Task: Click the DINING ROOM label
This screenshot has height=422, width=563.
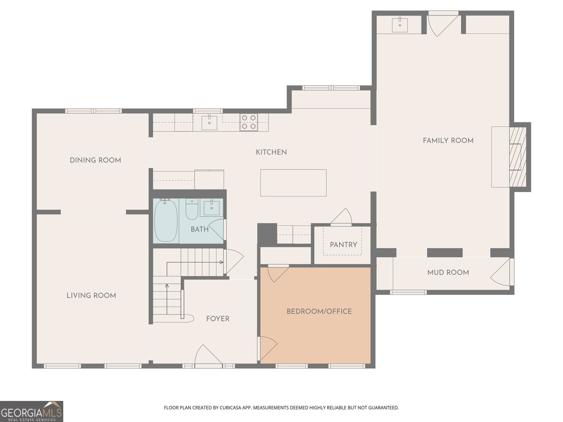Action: coord(95,160)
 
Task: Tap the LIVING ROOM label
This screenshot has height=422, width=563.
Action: coord(91,296)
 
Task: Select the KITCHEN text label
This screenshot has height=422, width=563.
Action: coord(271,152)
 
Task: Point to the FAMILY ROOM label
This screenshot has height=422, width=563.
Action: coord(448,141)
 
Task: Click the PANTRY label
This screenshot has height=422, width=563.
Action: coord(343,245)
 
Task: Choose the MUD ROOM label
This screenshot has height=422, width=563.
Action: coord(448,273)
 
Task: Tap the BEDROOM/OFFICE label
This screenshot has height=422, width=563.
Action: coord(319,312)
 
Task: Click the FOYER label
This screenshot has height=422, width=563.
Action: coord(218,319)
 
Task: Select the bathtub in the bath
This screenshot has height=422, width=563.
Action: coord(166,220)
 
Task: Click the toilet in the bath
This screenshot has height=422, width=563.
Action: coord(192,209)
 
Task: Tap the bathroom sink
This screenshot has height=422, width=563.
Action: coord(211,208)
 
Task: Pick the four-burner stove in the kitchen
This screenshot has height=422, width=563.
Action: coord(249,122)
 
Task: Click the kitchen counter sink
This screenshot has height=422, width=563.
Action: coord(209,123)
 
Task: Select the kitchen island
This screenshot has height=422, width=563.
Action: coord(293,183)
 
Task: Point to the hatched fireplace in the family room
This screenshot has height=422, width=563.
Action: coord(518,157)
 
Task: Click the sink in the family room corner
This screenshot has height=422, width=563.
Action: coord(400,25)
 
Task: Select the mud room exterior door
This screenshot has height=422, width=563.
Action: coord(502,272)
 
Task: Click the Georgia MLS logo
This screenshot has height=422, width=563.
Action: coord(32,411)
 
